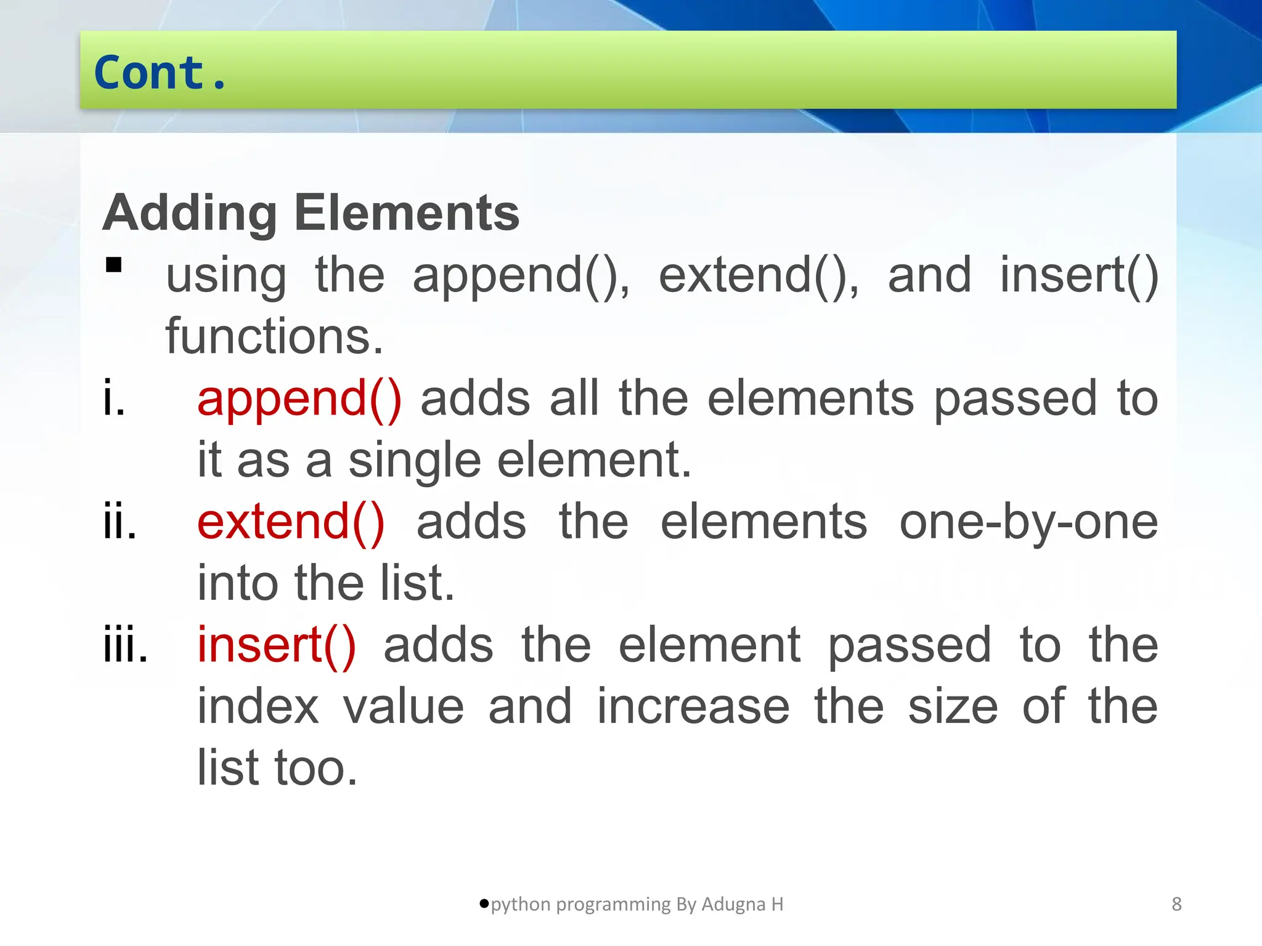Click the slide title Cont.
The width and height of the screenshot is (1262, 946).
click(x=160, y=73)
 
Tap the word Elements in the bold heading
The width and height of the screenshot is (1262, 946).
click(x=407, y=213)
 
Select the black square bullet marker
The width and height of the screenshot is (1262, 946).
click(x=114, y=265)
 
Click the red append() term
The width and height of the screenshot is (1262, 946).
click(x=299, y=399)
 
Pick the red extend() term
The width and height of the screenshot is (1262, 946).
click(x=291, y=522)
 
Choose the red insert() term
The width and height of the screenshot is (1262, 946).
click(x=277, y=645)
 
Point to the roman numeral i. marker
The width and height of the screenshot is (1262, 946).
click(x=115, y=399)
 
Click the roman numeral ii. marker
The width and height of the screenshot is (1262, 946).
click(x=120, y=522)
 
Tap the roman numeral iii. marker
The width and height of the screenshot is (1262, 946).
click(x=126, y=645)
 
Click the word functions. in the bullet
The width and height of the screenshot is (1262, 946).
click(x=274, y=336)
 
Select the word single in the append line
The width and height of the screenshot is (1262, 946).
click(x=415, y=461)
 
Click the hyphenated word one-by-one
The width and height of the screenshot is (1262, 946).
click(x=1028, y=522)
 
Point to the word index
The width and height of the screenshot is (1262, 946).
click(x=258, y=707)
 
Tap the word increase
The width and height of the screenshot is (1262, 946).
click(x=693, y=707)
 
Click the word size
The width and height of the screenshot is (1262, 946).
click(x=953, y=707)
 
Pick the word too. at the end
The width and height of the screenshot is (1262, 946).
click(x=315, y=769)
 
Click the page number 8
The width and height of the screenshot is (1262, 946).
click(x=1176, y=904)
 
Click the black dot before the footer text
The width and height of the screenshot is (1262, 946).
click(x=484, y=904)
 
